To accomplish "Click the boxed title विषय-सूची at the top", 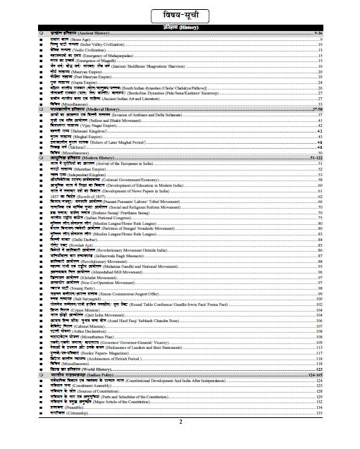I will coord(180,13).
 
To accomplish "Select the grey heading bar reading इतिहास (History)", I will coord(180,27).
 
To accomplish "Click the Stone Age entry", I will coord(70,39).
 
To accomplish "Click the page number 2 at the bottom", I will coord(180,442).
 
